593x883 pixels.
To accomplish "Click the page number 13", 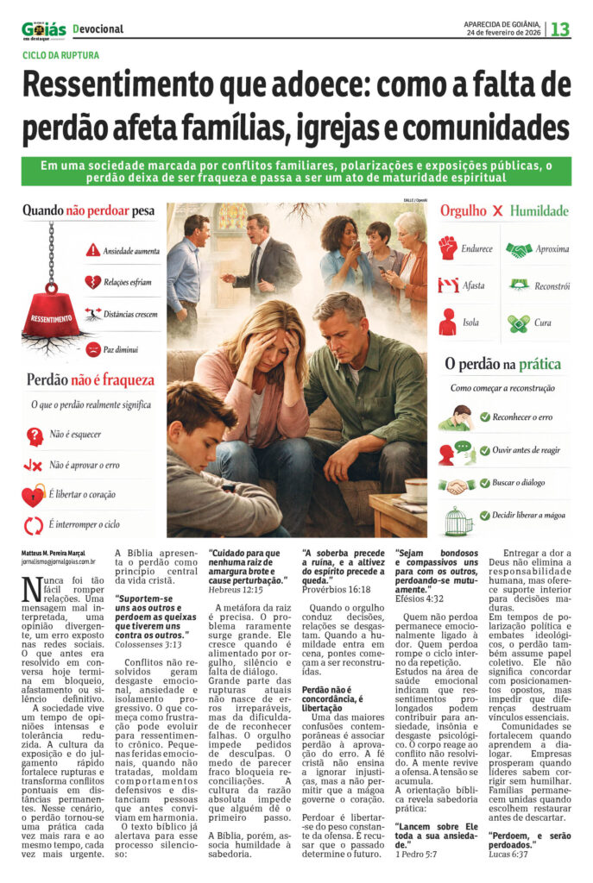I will tap(560, 29).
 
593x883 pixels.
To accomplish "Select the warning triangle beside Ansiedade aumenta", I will tap(93, 251).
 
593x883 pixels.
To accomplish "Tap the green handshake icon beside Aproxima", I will tap(519, 250).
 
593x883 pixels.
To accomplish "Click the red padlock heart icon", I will tap(34, 494).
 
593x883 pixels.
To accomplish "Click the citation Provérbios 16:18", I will tap(331, 589).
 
